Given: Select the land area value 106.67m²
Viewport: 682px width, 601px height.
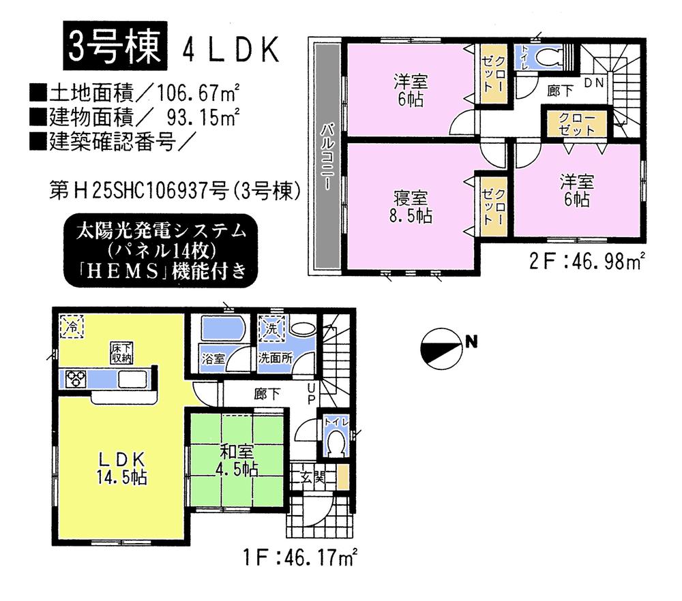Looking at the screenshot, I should [x=192, y=91].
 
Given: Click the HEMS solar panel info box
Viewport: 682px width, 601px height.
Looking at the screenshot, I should [x=162, y=251].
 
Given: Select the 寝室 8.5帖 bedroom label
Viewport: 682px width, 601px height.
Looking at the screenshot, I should [x=411, y=207].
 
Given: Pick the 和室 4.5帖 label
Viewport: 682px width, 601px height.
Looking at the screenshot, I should [x=237, y=459].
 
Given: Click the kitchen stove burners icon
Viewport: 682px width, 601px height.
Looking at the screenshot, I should [x=76, y=378].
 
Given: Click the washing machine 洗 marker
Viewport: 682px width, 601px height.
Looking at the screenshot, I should [x=271, y=328].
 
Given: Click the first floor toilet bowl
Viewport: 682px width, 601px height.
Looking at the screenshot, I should [x=335, y=446].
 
